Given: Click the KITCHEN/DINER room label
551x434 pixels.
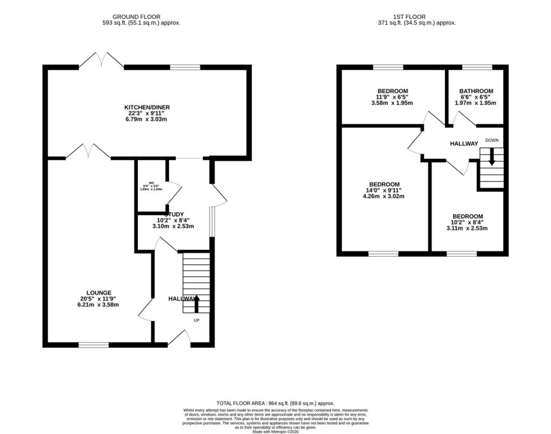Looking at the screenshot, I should [147, 107].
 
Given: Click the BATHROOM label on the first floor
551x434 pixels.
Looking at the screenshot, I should [476, 91].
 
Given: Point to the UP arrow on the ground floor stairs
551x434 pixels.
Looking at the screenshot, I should [196, 304].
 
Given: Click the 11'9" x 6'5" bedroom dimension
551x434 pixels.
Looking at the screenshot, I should [392, 97].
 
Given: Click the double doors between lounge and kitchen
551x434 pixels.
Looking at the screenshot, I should [88, 152].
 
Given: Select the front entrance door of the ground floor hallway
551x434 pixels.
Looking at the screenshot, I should [181, 338].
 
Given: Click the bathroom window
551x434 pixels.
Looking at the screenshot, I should [477, 67].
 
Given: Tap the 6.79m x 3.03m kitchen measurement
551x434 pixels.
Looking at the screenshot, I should [147, 120].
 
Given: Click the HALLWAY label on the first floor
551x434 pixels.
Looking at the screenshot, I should [464, 143].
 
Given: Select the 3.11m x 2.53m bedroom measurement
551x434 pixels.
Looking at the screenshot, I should [467, 228].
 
